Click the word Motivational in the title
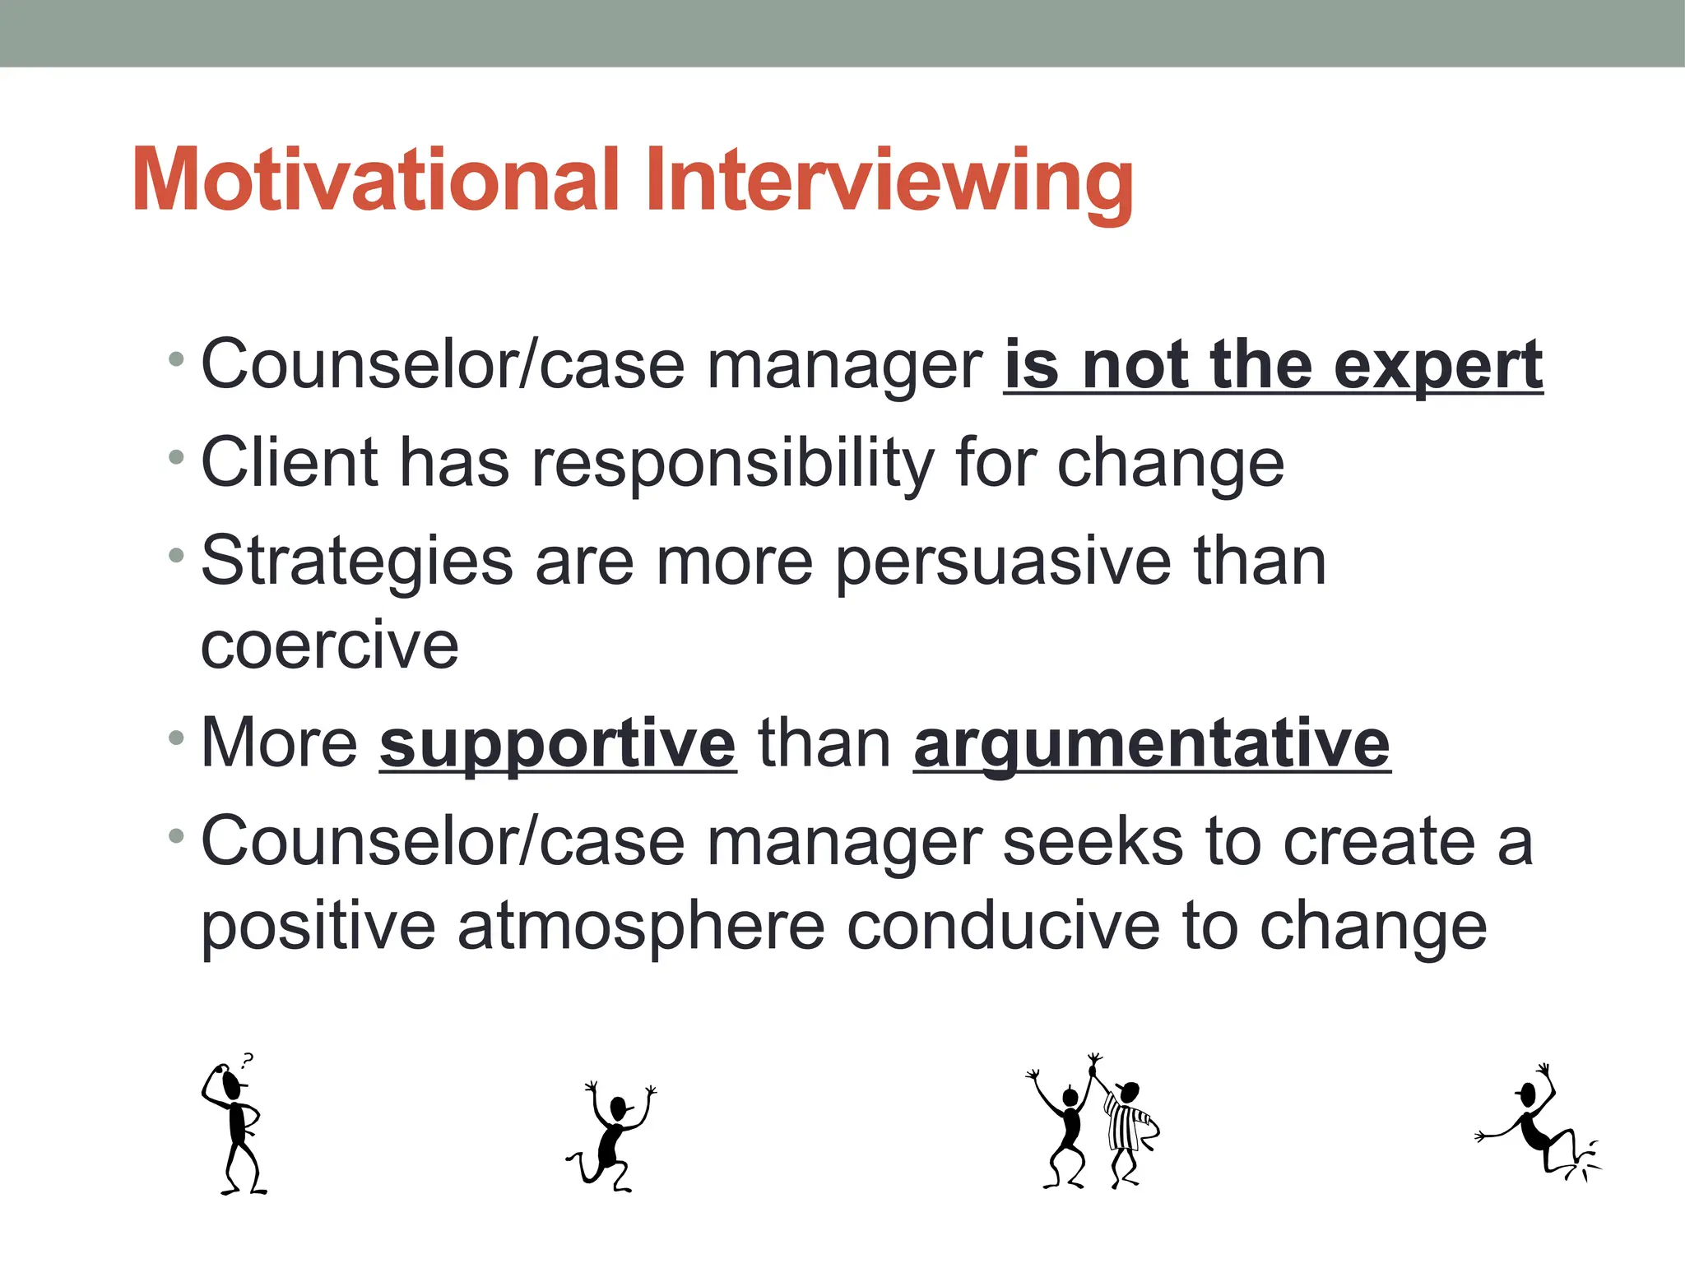[x=375, y=181]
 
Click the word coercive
[x=329, y=646]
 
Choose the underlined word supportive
[x=558, y=745]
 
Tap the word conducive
[x=1003, y=926]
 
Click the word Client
[x=289, y=464]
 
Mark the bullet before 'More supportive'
[x=175, y=738]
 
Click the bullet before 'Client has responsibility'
[x=175, y=457]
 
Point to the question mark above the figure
[x=247, y=1060]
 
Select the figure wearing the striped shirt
[x=1127, y=1131]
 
